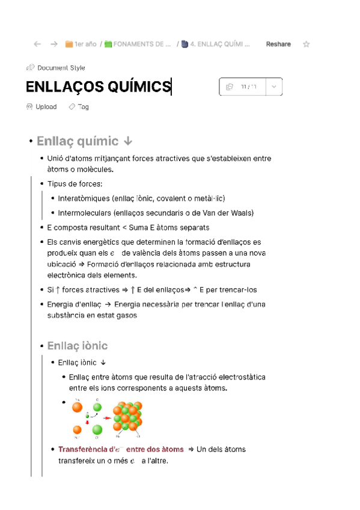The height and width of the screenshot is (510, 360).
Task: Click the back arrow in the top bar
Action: click(x=37, y=44)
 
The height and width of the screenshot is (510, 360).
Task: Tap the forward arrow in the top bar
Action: click(x=54, y=44)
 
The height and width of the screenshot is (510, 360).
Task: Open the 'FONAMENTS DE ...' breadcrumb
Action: click(x=138, y=44)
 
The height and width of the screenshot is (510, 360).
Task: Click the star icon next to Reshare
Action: click(x=307, y=44)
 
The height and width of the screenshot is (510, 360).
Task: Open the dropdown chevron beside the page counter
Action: click(x=273, y=87)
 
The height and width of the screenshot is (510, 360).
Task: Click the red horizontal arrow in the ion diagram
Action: click(x=106, y=417)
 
